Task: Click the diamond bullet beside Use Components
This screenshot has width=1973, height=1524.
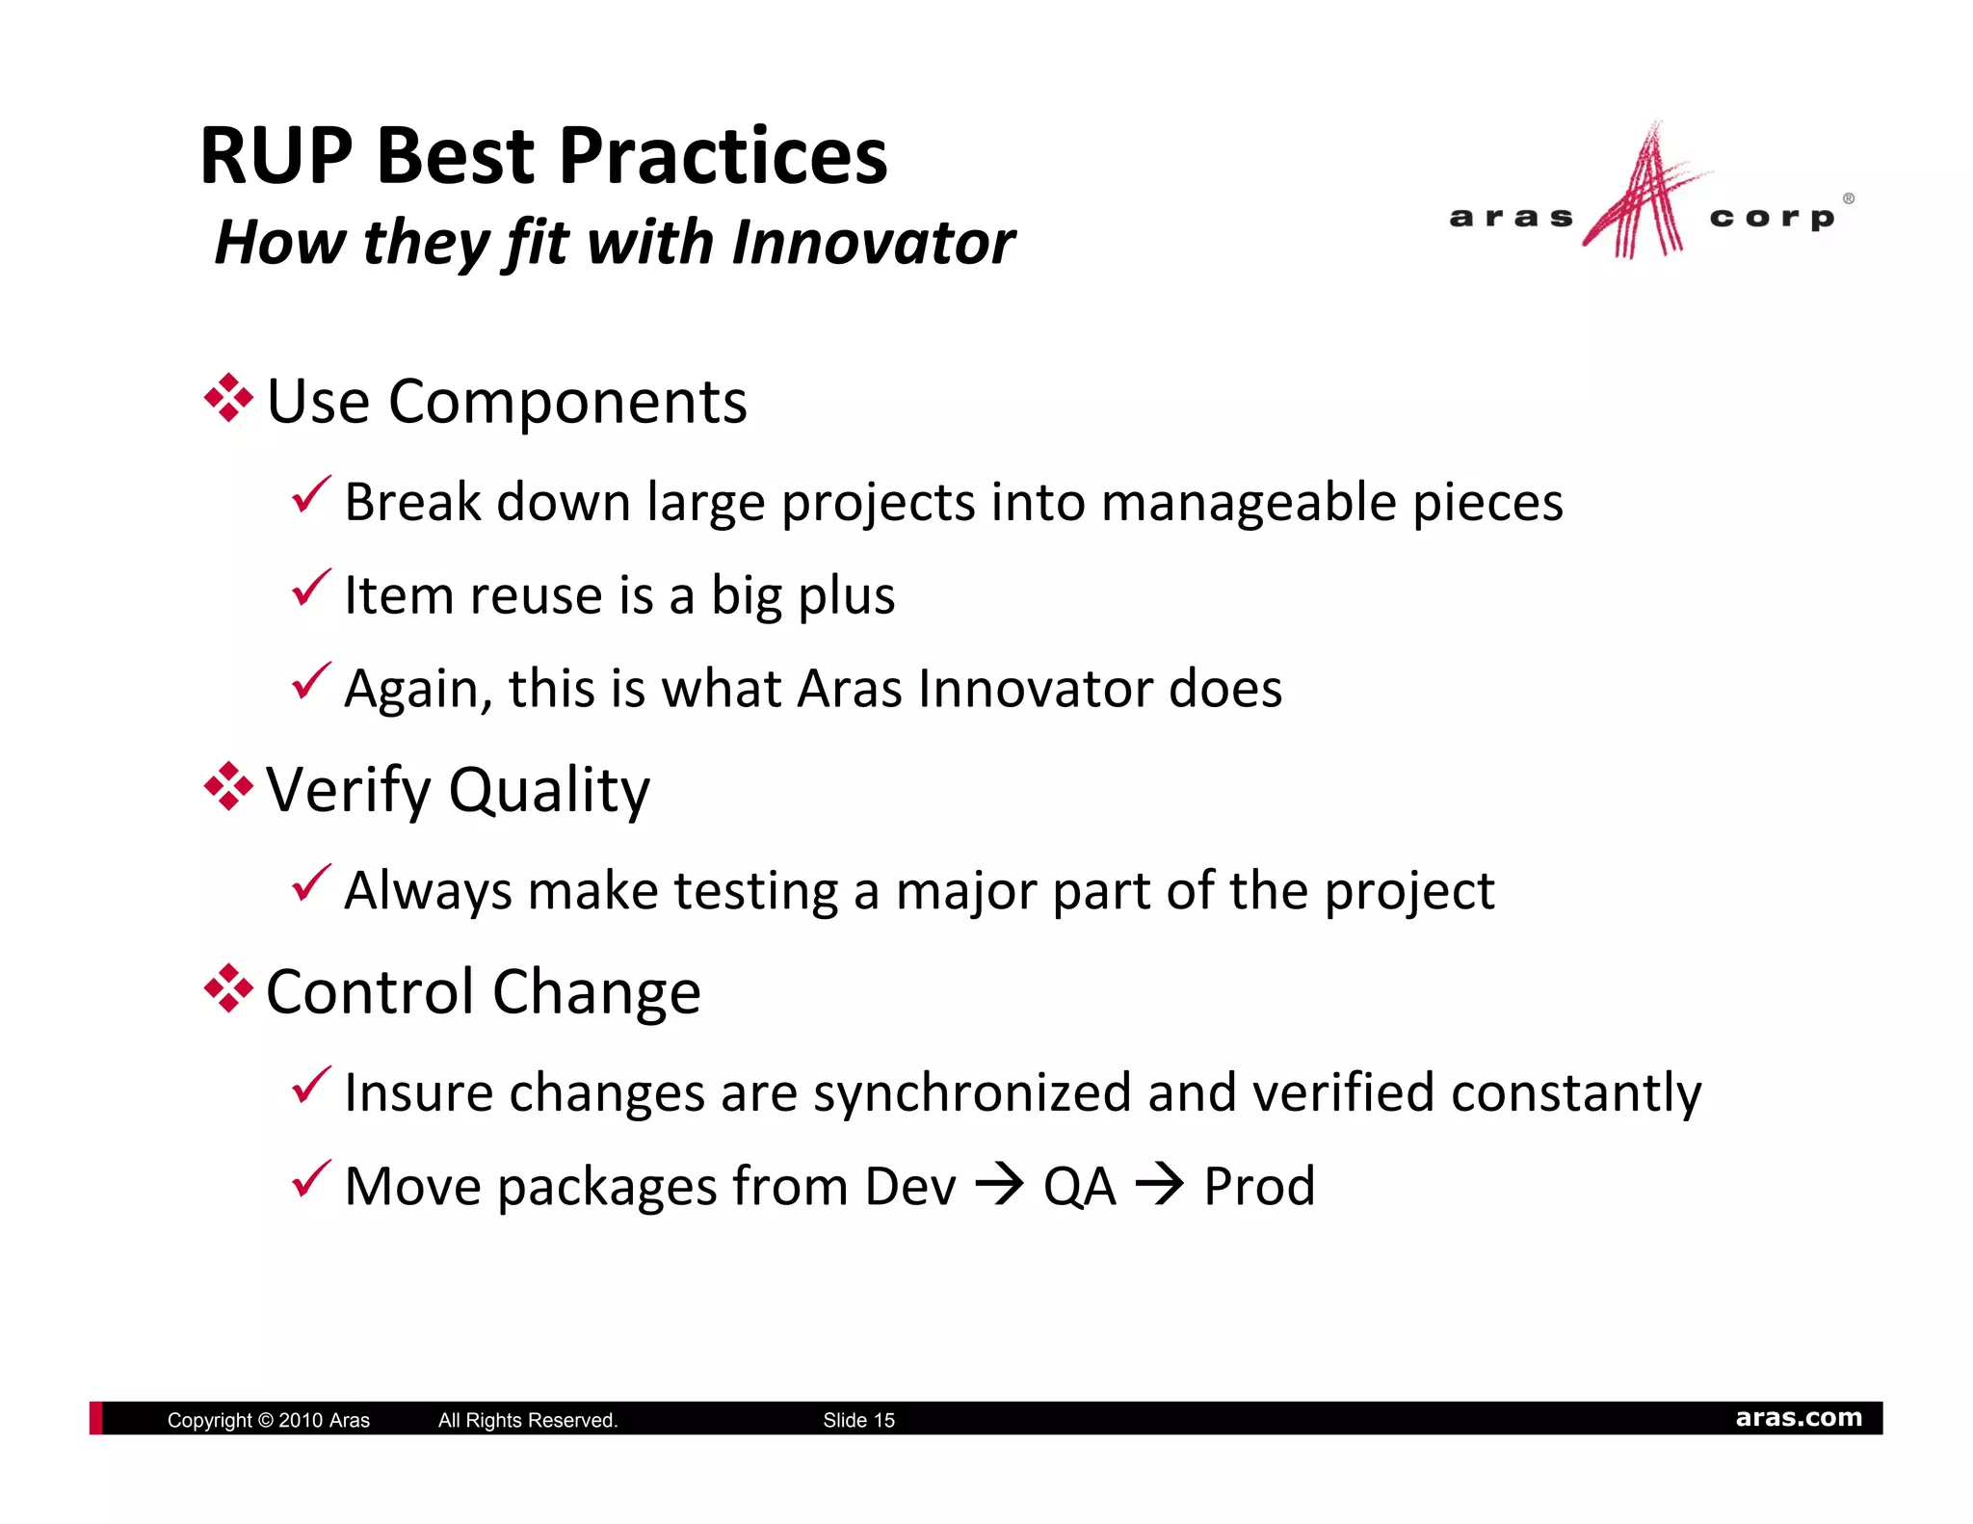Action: tap(228, 398)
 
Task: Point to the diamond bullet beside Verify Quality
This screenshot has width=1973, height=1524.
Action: tap(228, 787)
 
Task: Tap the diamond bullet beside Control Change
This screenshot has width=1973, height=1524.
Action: tap(228, 988)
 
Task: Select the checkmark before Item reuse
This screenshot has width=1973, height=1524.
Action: tap(311, 588)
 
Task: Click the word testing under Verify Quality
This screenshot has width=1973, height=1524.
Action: tap(755, 891)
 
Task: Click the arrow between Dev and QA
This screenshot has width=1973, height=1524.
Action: tap(999, 1184)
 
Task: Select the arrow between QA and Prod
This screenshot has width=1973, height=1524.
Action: tap(1159, 1184)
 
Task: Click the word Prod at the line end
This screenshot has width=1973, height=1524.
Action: tap(1258, 1186)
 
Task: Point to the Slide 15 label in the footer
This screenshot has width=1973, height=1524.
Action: tap(858, 1420)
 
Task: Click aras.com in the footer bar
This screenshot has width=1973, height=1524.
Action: tap(1798, 1418)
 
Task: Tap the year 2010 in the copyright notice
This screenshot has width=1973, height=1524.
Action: tap(300, 1420)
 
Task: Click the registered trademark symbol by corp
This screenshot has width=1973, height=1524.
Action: tap(1848, 198)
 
